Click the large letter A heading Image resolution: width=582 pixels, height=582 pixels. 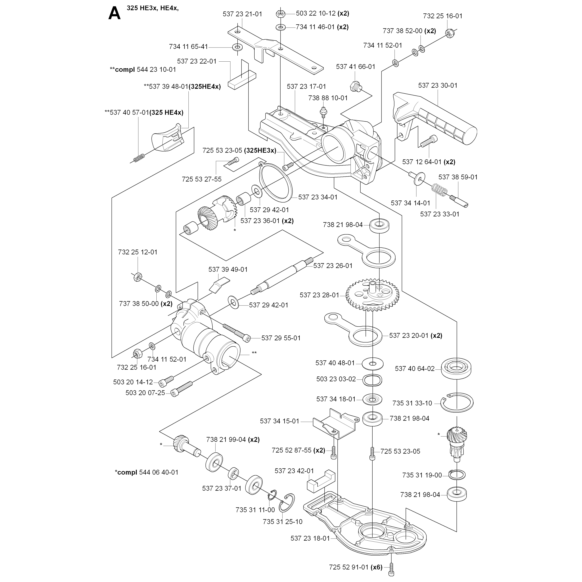115,14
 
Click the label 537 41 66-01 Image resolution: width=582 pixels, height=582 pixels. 356,67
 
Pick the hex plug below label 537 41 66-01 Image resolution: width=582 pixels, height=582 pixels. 355,86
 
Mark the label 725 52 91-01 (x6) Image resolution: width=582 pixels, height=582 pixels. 356,567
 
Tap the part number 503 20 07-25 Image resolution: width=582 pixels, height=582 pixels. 145,393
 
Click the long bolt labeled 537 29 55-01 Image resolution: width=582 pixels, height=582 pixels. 237,333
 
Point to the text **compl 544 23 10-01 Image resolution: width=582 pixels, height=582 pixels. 143,70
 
